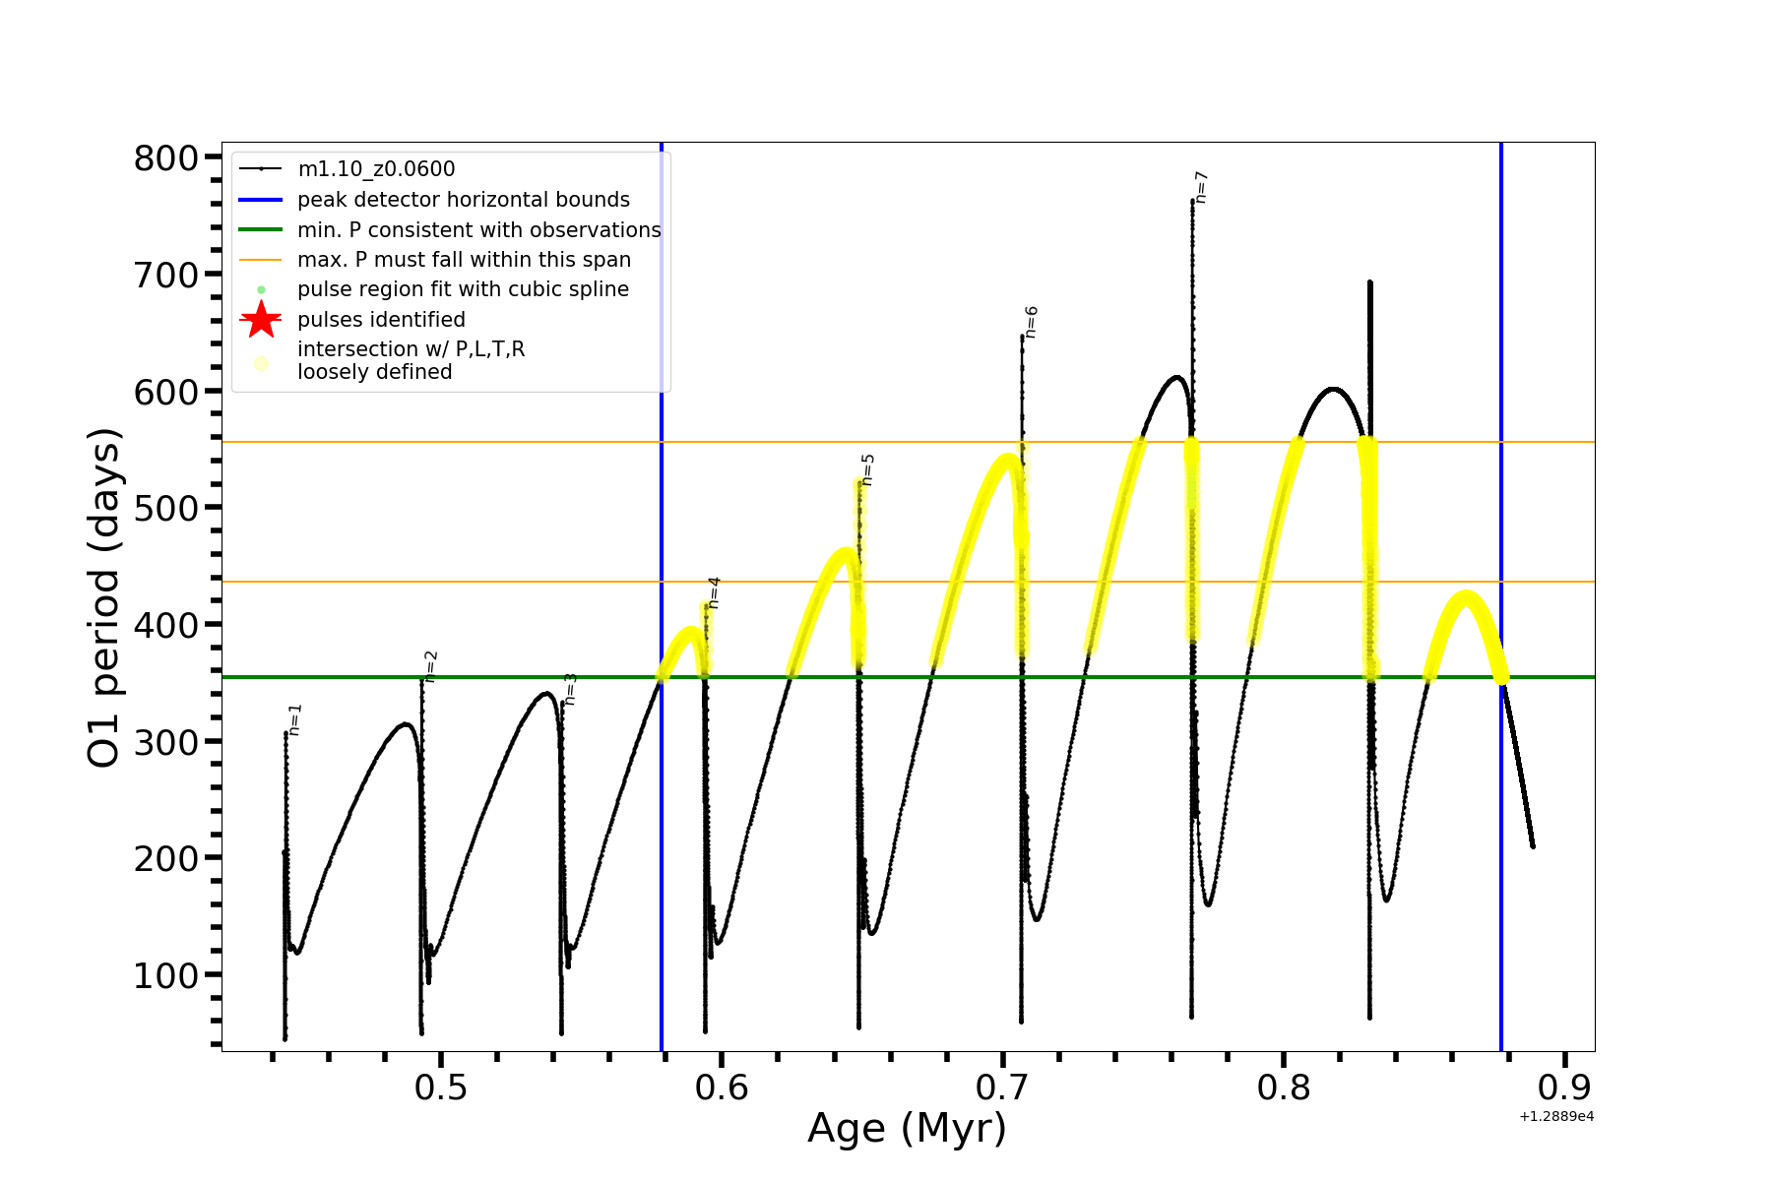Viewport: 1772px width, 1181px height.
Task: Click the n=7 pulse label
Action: (1201, 187)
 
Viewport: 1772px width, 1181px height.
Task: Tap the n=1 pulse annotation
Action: (295, 719)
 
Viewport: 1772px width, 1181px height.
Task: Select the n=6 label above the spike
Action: (1031, 322)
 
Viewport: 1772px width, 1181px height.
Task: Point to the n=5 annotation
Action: (867, 469)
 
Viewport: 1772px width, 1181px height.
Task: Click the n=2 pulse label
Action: (430, 666)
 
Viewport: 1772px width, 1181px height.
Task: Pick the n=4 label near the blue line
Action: (714, 592)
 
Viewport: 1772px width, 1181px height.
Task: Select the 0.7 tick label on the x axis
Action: (1002, 1088)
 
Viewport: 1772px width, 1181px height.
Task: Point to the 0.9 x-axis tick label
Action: (1563, 1088)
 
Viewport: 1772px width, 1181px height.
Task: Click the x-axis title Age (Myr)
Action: (907, 1128)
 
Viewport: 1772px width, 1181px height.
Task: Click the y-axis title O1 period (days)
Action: (103, 597)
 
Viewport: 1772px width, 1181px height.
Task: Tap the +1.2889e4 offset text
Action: (1555, 1117)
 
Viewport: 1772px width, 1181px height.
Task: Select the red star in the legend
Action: (261, 320)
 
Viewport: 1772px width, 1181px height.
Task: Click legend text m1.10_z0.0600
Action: (376, 169)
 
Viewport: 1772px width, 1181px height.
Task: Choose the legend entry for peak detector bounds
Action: (463, 200)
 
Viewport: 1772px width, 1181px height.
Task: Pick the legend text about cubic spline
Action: (463, 289)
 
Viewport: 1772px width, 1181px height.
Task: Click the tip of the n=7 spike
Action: (1192, 201)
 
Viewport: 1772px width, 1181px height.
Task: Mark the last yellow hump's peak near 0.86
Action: (1467, 594)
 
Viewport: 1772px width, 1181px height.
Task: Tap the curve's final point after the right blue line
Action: (1533, 845)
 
